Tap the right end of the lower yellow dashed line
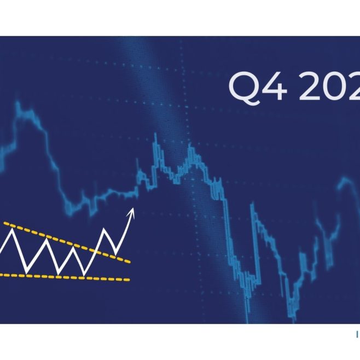(x=129, y=280)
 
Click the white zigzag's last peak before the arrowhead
(x=105, y=231)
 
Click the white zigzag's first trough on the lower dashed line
(x=26, y=272)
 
